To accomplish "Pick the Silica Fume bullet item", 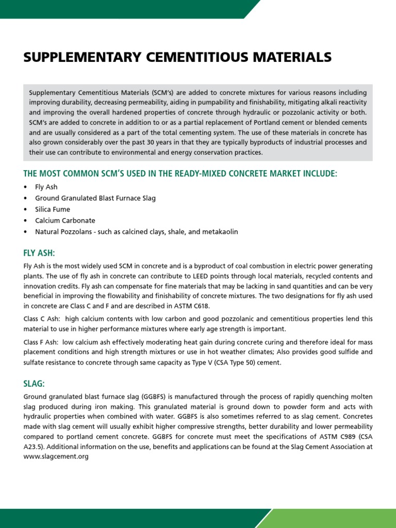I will click(52, 209).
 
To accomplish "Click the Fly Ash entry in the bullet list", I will click(46, 187).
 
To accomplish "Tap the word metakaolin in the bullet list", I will click(220, 232).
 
